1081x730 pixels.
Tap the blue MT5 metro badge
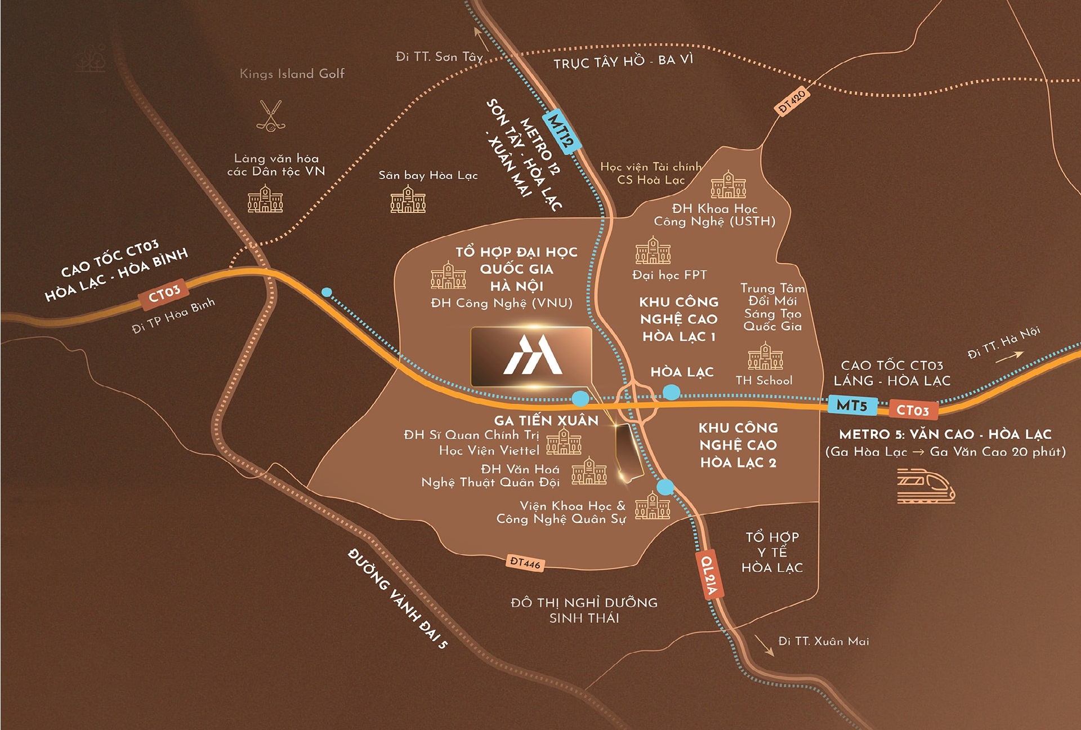[x=852, y=405]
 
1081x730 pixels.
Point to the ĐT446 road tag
[x=525, y=563]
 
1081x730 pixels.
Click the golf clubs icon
[x=271, y=116]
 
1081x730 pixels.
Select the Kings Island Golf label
[x=292, y=74]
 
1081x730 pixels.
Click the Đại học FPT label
[x=669, y=275]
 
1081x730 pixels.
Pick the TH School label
[x=763, y=380]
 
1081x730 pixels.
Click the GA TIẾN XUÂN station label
[x=546, y=420]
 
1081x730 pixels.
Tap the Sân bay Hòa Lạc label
[x=428, y=175]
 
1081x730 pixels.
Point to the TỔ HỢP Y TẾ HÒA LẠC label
[x=772, y=552]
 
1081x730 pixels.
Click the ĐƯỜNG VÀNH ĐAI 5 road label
[x=397, y=598]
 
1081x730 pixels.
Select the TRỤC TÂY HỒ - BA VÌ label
[x=623, y=61]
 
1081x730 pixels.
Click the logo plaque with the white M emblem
[x=531, y=357]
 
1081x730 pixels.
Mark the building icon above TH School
[x=765, y=356]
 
